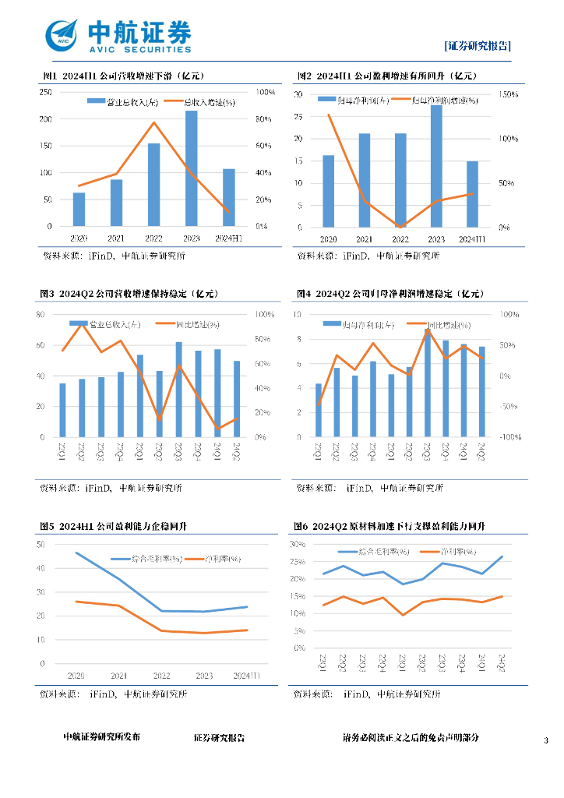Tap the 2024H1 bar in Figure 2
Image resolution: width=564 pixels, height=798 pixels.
tap(472, 194)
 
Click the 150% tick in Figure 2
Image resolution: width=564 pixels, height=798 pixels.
tap(507, 94)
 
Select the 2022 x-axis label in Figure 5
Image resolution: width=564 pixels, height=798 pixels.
tap(162, 676)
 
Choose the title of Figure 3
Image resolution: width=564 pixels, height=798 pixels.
tap(128, 294)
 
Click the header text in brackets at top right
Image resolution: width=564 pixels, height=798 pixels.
tap(478, 45)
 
